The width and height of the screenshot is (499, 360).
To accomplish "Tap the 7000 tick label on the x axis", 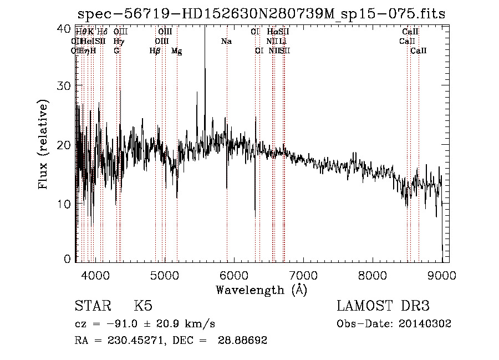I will click(x=303, y=275).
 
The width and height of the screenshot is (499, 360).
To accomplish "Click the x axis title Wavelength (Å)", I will click(x=261, y=290).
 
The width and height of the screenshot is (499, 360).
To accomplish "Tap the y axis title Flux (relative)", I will click(x=44, y=144).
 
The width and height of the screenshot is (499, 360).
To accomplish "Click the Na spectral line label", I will click(x=226, y=42).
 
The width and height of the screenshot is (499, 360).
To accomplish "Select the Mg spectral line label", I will click(x=177, y=51).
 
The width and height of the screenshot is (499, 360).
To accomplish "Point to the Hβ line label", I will click(x=155, y=51).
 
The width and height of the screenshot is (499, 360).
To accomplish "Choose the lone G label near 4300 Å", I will click(x=116, y=51).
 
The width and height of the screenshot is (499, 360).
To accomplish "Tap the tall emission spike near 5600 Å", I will click(x=205, y=50).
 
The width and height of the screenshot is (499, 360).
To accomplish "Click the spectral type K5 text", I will click(x=143, y=306).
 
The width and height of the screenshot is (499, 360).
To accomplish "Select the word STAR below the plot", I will click(x=91, y=306).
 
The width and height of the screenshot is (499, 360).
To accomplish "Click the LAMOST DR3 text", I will click(x=383, y=306).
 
